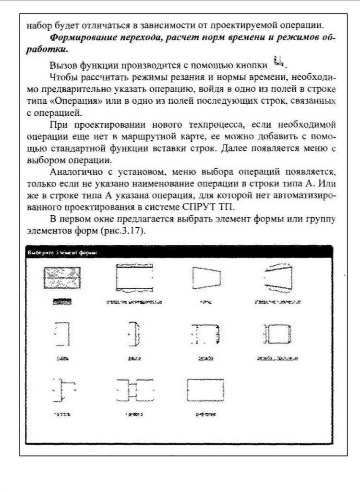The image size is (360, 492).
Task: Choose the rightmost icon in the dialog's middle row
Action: click(278, 333)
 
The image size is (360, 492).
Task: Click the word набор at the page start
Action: click(37, 25)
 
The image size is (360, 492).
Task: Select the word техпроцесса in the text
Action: click(204, 126)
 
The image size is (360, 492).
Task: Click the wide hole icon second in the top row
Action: click(134, 277)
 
